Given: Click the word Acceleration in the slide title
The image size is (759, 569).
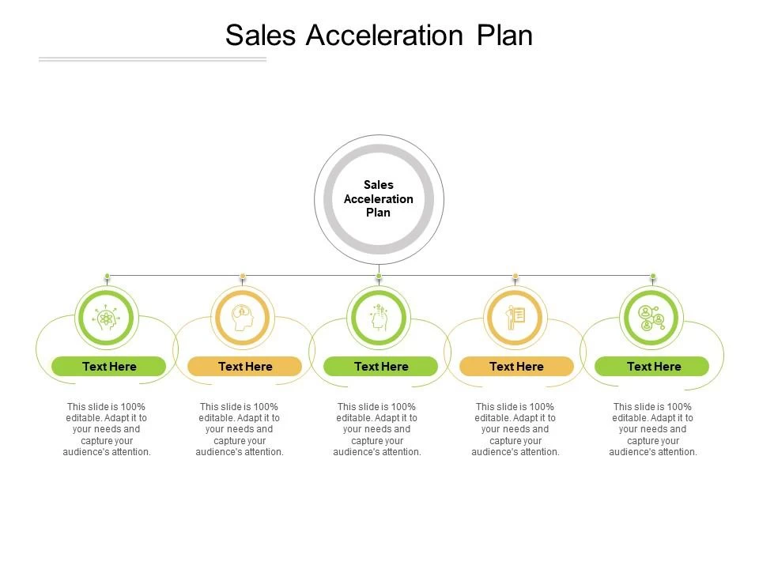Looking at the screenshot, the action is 384,36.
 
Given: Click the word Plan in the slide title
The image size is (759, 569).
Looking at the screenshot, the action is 504,36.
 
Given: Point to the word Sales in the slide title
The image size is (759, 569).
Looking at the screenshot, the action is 260,36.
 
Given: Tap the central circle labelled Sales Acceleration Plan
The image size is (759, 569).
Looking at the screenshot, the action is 379,199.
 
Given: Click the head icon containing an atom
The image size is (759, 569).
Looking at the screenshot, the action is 106,318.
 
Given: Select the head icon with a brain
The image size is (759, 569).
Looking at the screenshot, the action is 243,318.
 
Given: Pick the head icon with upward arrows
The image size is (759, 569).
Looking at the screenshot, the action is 379,318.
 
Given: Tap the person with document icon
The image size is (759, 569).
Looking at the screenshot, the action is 515,318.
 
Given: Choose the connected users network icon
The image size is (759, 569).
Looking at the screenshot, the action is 651,318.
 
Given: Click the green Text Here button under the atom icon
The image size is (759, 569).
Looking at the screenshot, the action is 109,366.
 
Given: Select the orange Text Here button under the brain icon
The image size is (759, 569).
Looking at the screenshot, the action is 245,366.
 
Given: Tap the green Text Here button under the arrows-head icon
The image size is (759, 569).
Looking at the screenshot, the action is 381,366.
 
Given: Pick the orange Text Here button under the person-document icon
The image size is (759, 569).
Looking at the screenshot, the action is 516,366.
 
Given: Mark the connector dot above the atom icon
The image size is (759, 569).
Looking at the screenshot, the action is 107,277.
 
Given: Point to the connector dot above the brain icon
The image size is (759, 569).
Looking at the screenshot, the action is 243,277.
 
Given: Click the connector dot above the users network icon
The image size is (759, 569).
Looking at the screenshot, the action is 653,277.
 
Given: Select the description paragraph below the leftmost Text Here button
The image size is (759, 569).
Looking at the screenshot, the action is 107,429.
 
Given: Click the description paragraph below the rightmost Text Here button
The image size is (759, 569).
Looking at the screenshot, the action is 652,429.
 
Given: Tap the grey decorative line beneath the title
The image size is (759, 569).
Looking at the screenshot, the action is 153,59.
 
